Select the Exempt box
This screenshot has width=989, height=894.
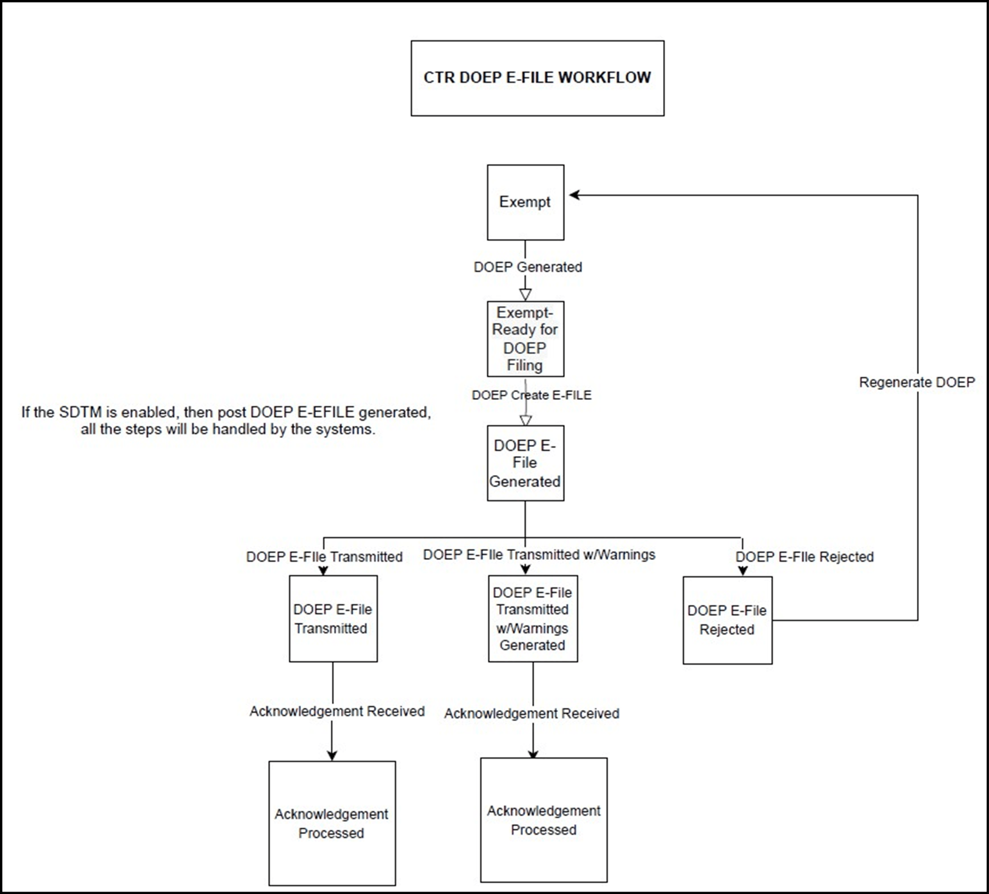(x=525, y=202)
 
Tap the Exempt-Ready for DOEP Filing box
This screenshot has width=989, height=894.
(x=525, y=339)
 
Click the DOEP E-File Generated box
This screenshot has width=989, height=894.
(x=525, y=463)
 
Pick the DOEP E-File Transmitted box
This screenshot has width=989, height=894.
(x=333, y=618)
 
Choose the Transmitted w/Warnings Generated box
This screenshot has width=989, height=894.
(x=532, y=618)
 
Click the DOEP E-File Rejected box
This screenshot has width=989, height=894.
(x=727, y=620)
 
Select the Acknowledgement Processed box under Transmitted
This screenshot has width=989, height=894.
(x=332, y=823)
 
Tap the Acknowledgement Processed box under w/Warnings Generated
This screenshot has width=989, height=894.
(x=544, y=820)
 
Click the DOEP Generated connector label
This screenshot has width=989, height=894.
(x=527, y=267)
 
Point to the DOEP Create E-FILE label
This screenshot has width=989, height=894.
(x=531, y=395)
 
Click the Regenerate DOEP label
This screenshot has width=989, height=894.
(x=916, y=382)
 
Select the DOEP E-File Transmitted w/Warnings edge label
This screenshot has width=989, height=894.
(x=539, y=555)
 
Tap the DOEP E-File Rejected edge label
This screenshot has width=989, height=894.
(x=804, y=557)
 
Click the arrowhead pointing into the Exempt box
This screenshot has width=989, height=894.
(x=574, y=195)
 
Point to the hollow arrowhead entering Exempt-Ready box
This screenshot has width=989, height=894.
(x=525, y=295)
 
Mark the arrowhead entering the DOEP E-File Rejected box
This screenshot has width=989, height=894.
(x=742, y=571)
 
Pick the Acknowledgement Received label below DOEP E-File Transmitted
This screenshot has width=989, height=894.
(x=337, y=711)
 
